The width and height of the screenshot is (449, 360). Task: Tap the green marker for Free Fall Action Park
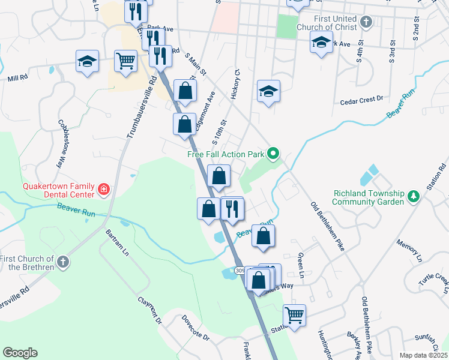(273, 154)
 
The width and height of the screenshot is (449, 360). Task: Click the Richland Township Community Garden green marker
(413, 197)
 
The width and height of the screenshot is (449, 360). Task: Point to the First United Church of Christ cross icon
(366, 23)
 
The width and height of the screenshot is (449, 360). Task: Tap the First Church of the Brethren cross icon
(62, 262)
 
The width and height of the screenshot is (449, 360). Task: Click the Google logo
(20, 353)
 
